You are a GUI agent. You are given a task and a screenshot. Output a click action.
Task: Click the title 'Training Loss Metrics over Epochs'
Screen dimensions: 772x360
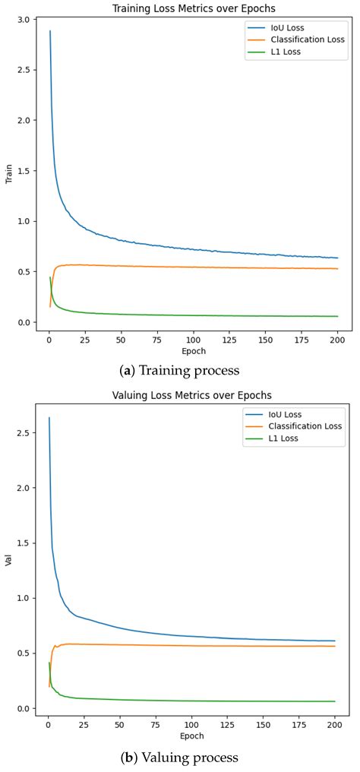coord(192,8)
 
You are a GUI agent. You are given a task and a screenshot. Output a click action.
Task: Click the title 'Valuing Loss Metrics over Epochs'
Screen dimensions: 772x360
coord(192,395)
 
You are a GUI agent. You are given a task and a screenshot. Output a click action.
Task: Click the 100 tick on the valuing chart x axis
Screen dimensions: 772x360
coord(192,725)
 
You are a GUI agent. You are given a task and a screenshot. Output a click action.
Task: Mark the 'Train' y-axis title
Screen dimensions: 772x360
coord(9,177)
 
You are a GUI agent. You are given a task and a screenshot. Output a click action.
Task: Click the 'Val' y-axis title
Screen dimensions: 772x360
coord(9,563)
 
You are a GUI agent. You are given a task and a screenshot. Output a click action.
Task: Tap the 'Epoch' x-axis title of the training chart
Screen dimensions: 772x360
coord(192,352)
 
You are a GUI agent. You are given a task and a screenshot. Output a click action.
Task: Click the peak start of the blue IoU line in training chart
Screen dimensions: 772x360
coord(50,31)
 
